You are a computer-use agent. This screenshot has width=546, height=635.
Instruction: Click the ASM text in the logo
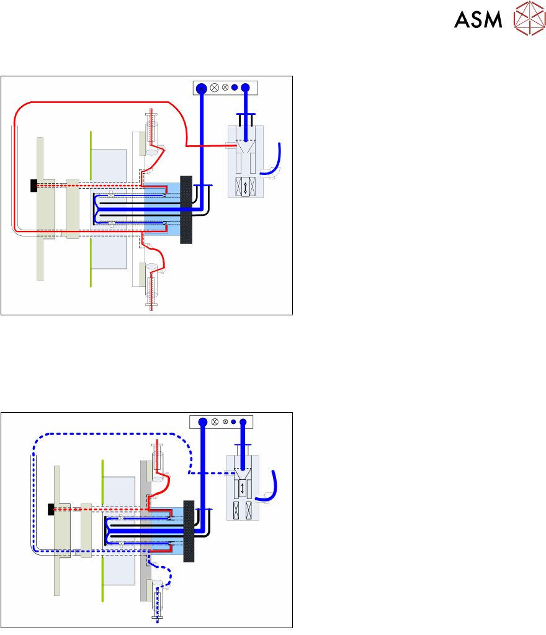(x=478, y=20)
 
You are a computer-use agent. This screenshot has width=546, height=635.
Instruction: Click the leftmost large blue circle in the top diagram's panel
(x=200, y=88)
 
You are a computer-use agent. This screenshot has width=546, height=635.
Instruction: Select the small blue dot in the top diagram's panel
(x=235, y=88)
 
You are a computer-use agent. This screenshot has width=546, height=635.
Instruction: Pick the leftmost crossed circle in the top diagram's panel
(x=215, y=88)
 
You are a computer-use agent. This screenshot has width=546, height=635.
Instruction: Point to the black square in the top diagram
(x=34, y=185)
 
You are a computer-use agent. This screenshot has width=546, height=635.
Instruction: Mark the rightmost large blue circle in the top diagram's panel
(x=245, y=88)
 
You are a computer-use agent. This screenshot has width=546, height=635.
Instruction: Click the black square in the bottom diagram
(x=51, y=509)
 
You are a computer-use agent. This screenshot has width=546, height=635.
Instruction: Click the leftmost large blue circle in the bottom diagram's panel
(x=202, y=422)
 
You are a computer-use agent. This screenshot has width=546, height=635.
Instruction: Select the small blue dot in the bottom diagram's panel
(x=233, y=422)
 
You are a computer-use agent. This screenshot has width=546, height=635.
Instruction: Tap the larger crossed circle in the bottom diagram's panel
(x=215, y=422)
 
